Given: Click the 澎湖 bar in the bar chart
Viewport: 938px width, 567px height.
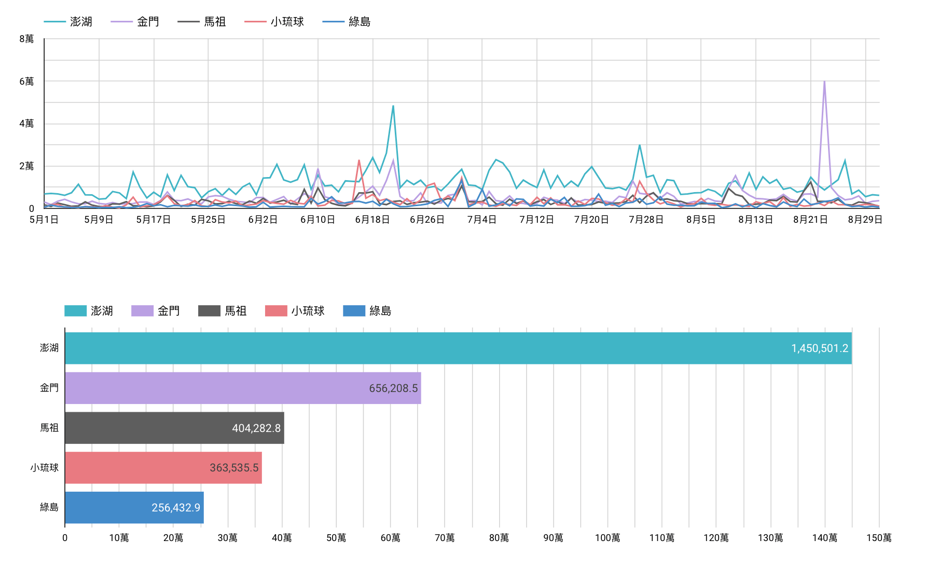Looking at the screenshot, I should pyautogui.click(x=457, y=348).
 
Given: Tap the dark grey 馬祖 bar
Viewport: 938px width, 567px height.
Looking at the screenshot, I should pyautogui.click(x=174, y=428).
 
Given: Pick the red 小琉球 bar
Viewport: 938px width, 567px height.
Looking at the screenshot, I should pyautogui.click(x=163, y=468).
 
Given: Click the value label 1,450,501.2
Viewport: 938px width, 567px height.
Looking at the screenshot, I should pyautogui.click(x=819, y=348).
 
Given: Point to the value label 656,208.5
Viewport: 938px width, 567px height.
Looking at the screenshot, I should pyautogui.click(x=393, y=388).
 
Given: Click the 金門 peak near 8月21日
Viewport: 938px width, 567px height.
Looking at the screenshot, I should pyautogui.click(x=824, y=82).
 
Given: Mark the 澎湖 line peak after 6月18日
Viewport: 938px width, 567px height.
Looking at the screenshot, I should pyautogui.click(x=393, y=106).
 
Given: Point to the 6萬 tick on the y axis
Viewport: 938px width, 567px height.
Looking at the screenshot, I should pyautogui.click(x=26, y=82).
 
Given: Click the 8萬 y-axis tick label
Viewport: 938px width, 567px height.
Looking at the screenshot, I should pyautogui.click(x=26, y=39).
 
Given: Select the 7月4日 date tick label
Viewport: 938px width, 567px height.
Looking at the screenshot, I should pyautogui.click(x=481, y=220).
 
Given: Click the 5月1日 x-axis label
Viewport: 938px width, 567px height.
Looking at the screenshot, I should pyautogui.click(x=44, y=220).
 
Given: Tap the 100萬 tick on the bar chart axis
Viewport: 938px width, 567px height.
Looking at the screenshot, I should pyautogui.click(x=608, y=538).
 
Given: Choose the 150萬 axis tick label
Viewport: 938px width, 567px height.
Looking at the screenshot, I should pyautogui.click(x=878, y=538).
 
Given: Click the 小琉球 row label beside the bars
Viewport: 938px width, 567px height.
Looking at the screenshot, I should pyautogui.click(x=45, y=468).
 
